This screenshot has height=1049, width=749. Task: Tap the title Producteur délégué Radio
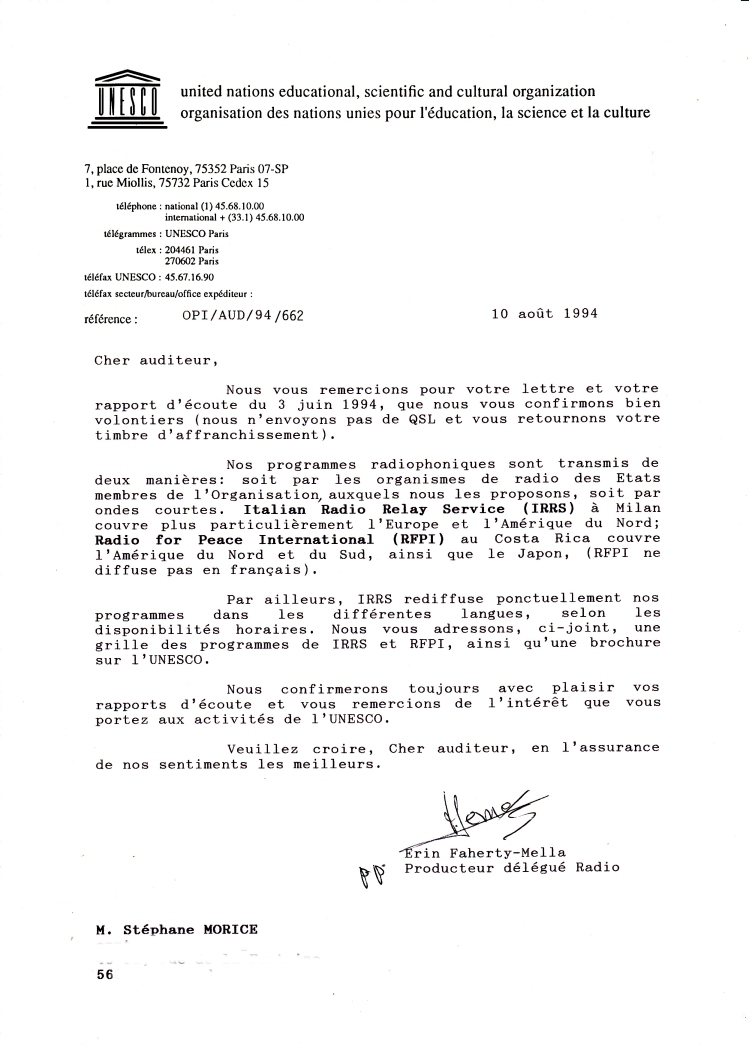511,867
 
